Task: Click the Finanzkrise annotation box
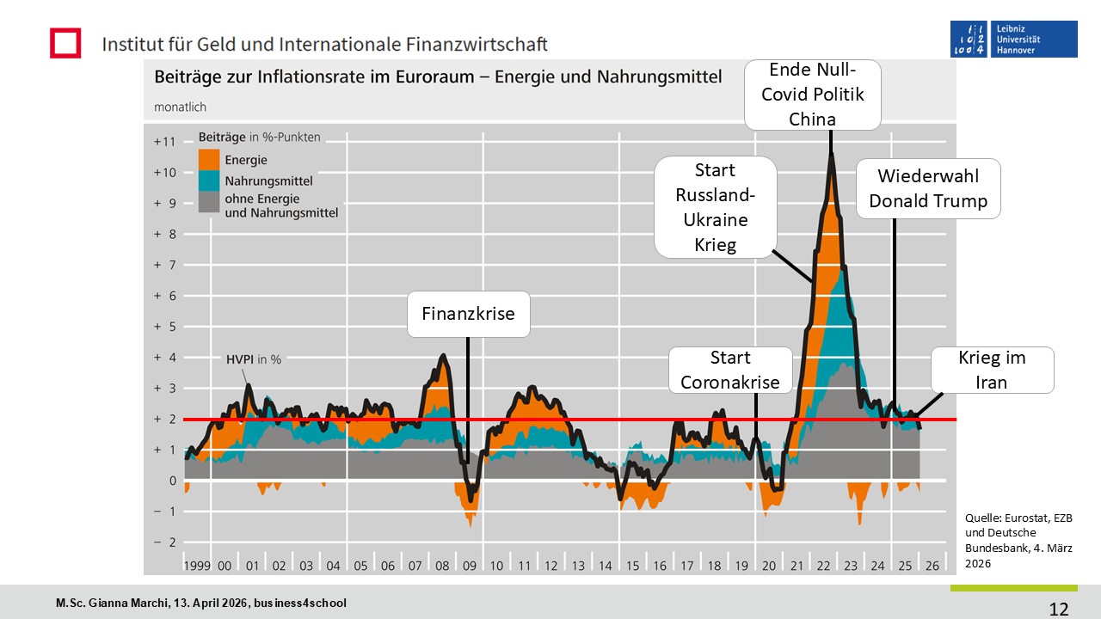click(468, 314)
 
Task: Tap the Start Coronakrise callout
click(730, 370)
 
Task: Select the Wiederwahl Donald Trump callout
click(928, 188)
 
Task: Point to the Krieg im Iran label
click(992, 370)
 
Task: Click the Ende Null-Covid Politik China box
click(812, 95)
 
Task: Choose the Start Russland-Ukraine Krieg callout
click(715, 206)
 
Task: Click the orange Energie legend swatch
click(209, 159)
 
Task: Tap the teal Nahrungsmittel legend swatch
click(209, 181)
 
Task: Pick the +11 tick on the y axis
click(164, 142)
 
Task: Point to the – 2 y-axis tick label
click(164, 542)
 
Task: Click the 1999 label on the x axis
click(198, 566)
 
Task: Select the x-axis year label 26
click(932, 566)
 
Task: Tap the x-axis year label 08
click(443, 566)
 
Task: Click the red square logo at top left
click(65, 43)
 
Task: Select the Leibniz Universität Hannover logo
click(1013, 40)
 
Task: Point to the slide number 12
click(1059, 609)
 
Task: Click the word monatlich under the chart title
click(180, 107)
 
